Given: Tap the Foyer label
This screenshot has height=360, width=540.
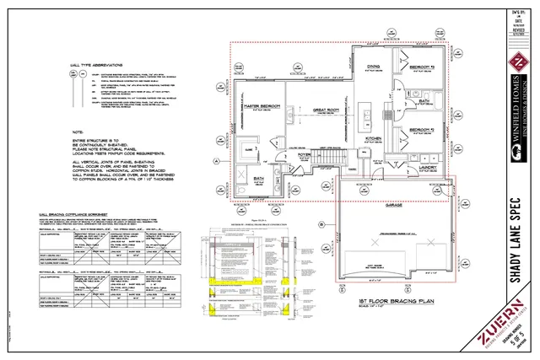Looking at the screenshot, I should tap(305, 155).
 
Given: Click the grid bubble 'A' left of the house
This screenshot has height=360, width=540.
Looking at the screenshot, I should tap(217, 160).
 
